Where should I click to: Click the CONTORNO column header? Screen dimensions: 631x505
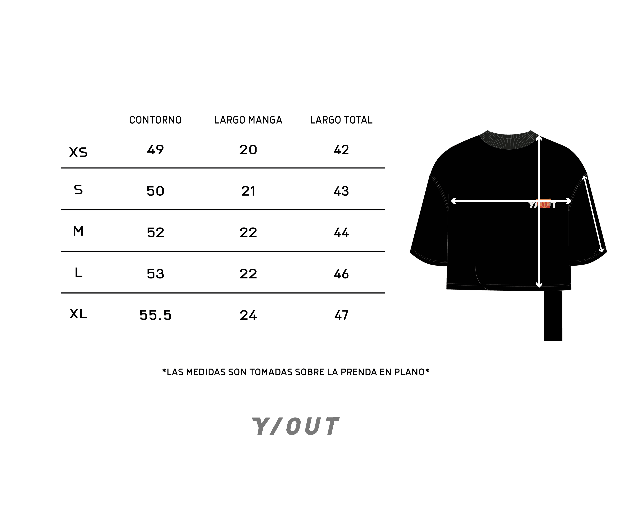[x=155, y=120]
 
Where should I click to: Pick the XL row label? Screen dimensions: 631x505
[x=78, y=314]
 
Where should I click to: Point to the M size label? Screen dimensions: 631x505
[x=78, y=231]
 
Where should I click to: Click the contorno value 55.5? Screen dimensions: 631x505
[x=155, y=315]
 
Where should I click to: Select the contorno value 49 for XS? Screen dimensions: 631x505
[x=155, y=150]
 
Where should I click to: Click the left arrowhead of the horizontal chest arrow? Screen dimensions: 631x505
[x=454, y=201]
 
